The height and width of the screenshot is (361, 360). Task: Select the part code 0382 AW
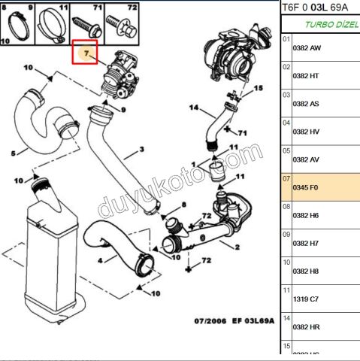tap(305, 47)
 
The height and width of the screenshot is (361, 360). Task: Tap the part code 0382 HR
tap(305, 327)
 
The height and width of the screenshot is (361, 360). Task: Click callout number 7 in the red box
tap(88, 53)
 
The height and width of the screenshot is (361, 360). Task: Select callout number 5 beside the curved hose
tap(13, 154)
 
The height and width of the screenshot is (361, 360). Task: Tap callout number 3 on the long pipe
tap(140, 150)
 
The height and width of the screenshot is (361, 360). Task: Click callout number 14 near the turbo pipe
tap(193, 108)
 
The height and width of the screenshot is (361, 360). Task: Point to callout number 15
tap(259, 88)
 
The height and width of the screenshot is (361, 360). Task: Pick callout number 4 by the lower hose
tap(100, 260)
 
